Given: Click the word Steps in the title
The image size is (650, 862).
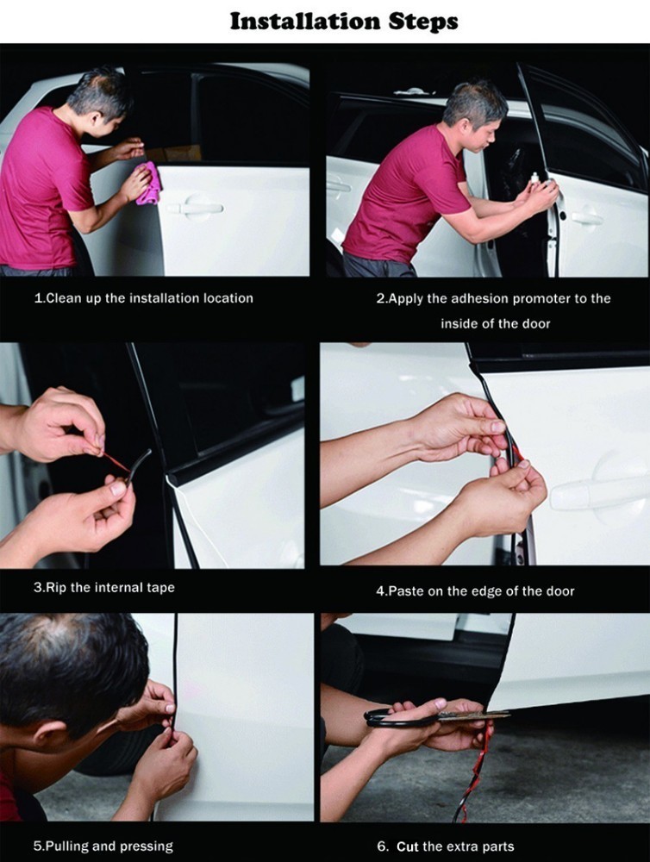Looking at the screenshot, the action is (x=423, y=22).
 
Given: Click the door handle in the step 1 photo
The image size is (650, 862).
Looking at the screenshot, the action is (x=195, y=206).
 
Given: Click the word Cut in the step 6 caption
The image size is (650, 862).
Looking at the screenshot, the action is (x=407, y=846).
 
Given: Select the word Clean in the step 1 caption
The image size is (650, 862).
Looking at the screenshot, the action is (x=63, y=298).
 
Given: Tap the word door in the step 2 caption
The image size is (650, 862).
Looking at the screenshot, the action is (x=536, y=324).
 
